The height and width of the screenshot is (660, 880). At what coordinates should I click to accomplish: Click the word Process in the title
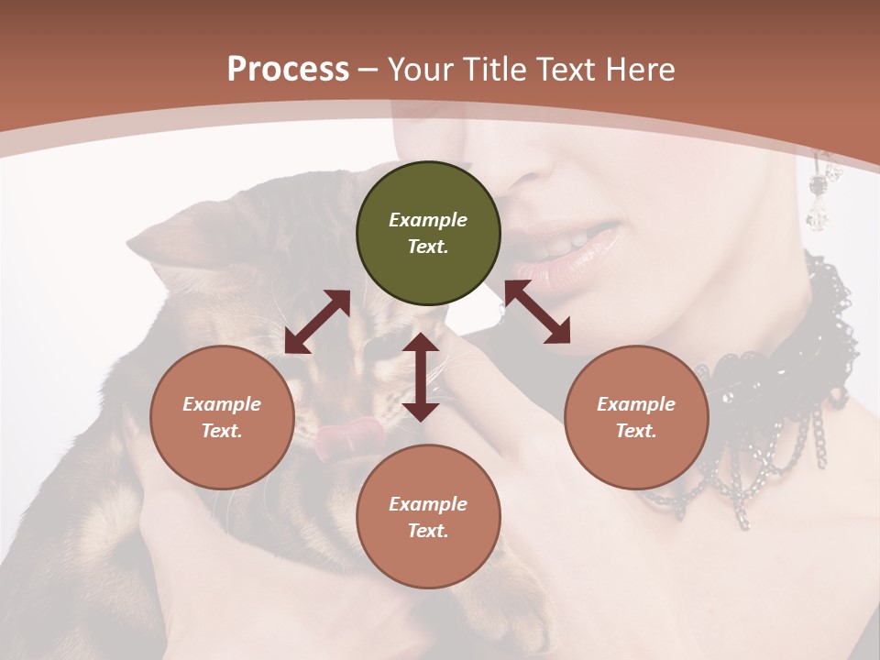point(288,70)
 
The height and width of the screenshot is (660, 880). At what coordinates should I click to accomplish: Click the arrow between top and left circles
point(317,322)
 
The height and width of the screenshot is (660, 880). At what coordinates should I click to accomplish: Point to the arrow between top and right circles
point(537,312)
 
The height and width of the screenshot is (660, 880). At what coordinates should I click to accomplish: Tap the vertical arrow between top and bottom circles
point(421,378)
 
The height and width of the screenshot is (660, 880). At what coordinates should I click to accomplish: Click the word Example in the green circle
point(428,220)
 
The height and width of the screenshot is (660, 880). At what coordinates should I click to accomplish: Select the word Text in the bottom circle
point(428,531)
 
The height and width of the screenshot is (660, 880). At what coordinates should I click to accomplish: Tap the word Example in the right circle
point(635,404)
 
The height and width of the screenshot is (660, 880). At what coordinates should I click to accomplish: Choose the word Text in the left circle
point(222,431)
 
